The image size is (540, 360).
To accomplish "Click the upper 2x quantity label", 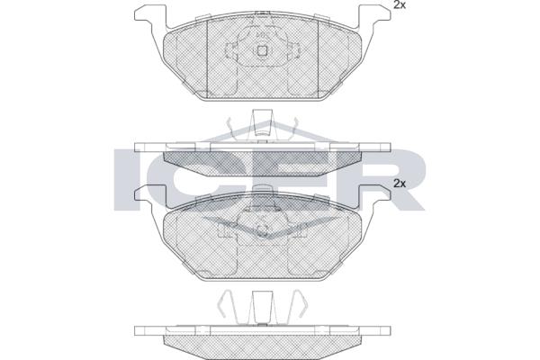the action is [x=400, y=5].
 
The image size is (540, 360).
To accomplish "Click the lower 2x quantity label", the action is [x=400, y=184].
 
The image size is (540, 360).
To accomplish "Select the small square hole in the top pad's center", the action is [x=263, y=50].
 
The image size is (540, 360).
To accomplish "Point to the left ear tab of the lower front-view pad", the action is [x=149, y=195].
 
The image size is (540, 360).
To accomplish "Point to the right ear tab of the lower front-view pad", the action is [x=375, y=195].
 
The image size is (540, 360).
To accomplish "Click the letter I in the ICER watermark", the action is [x=126, y=179].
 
